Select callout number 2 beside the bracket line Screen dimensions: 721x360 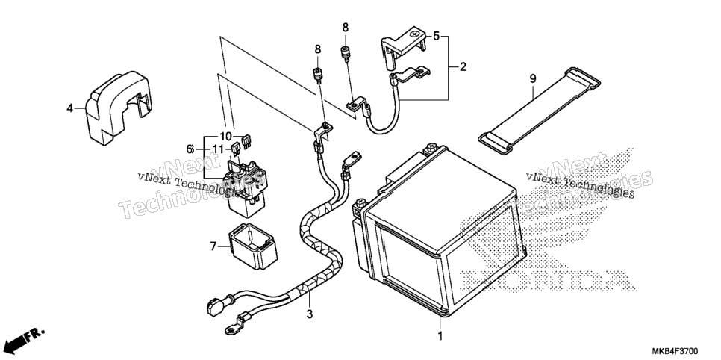point(463,67)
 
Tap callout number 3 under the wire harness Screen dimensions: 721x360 point(310,315)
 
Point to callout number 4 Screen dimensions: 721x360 point(70,108)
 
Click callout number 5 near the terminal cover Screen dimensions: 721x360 point(436,35)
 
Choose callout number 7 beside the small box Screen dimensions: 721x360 point(213,246)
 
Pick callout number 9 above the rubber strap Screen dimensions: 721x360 point(533,78)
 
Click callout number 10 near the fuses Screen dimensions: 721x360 point(225,137)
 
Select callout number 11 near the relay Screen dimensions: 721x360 point(218,149)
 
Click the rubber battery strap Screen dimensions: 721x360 point(539,111)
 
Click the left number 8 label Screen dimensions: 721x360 point(318,49)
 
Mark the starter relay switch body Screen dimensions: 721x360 point(246,187)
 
